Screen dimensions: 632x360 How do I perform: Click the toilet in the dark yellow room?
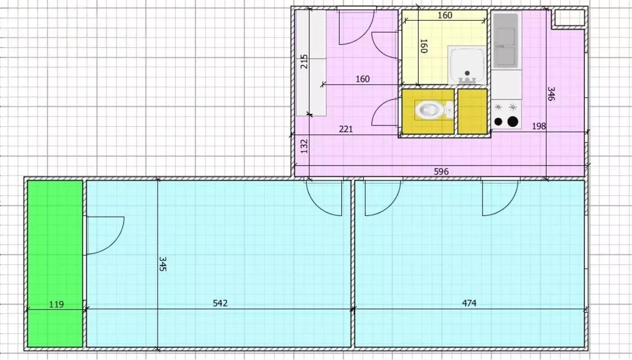[x=434, y=110]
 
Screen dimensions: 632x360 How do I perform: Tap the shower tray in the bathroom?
[x=467, y=66]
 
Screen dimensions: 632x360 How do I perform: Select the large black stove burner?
[x=513, y=121]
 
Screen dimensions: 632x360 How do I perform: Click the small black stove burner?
[x=498, y=121]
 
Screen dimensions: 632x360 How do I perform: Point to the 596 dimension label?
[x=441, y=171]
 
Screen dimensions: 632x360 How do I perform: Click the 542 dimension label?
[x=220, y=303]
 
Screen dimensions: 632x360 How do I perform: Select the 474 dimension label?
[x=469, y=303]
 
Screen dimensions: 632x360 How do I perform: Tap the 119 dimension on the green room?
[x=56, y=304]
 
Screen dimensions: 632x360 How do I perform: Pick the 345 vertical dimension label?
[x=163, y=264]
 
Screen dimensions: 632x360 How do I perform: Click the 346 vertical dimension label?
[x=551, y=94]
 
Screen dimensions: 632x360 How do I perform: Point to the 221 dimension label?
[x=346, y=129]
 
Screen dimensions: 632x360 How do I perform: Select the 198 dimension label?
[x=539, y=126]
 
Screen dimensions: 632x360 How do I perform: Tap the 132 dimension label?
[x=304, y=146]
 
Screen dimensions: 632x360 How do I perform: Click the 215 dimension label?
[x=304, y=62]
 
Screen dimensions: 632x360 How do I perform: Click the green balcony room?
[x=55, y=264]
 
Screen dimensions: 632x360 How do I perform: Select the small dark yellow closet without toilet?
[x=473, y=112]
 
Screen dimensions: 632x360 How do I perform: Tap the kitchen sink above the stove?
[x=506, y=40]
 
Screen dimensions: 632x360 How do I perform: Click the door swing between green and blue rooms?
[x=105, y=235]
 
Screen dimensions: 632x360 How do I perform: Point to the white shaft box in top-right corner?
[x=568, y=18]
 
